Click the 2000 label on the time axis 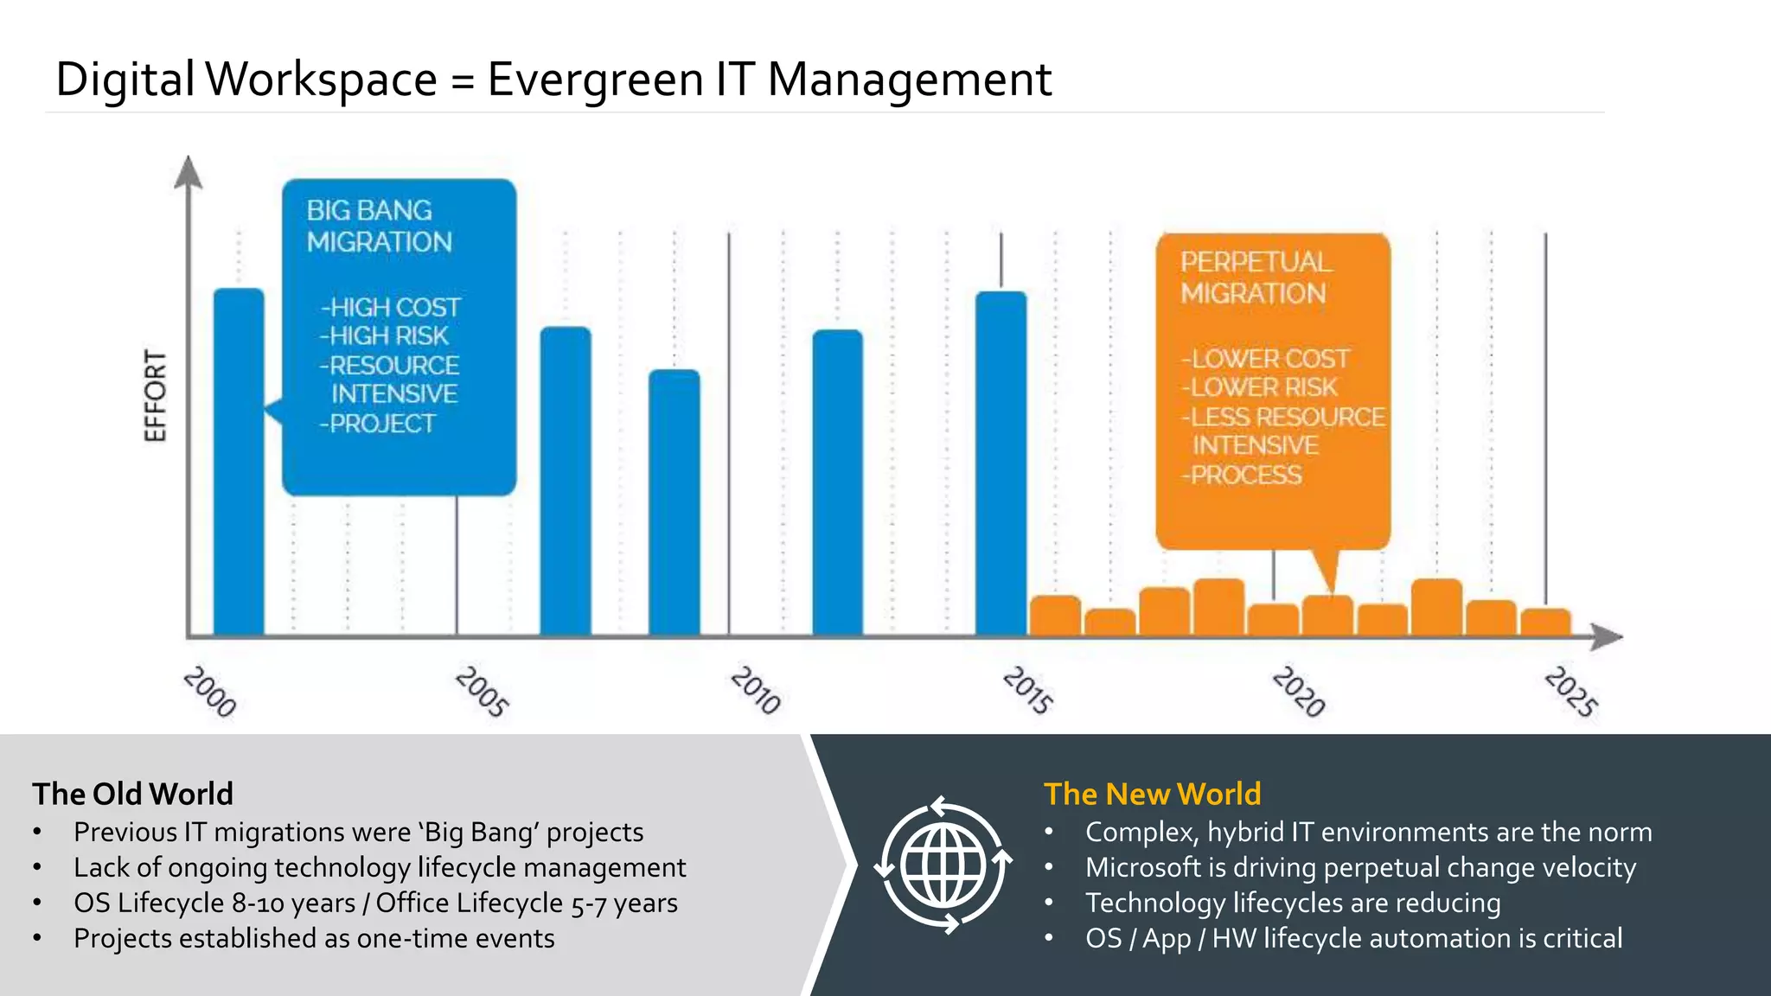coord(210,692)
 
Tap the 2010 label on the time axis coord(756,690)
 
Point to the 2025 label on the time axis coord(1571,692)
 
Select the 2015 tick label coord(1028,690)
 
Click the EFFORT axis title coord(155,396)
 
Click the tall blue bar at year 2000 coord(239,463)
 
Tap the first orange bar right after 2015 coord(1055,616)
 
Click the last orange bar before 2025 coord(1545,622)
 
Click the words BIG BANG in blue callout coord(369,211)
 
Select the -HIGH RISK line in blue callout coord(384,336)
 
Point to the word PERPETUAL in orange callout coord(1255,262)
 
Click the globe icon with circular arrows coord(943,865)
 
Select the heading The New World coord(1152,794)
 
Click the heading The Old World coord(133,794)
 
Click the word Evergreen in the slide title coord(596,80)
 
